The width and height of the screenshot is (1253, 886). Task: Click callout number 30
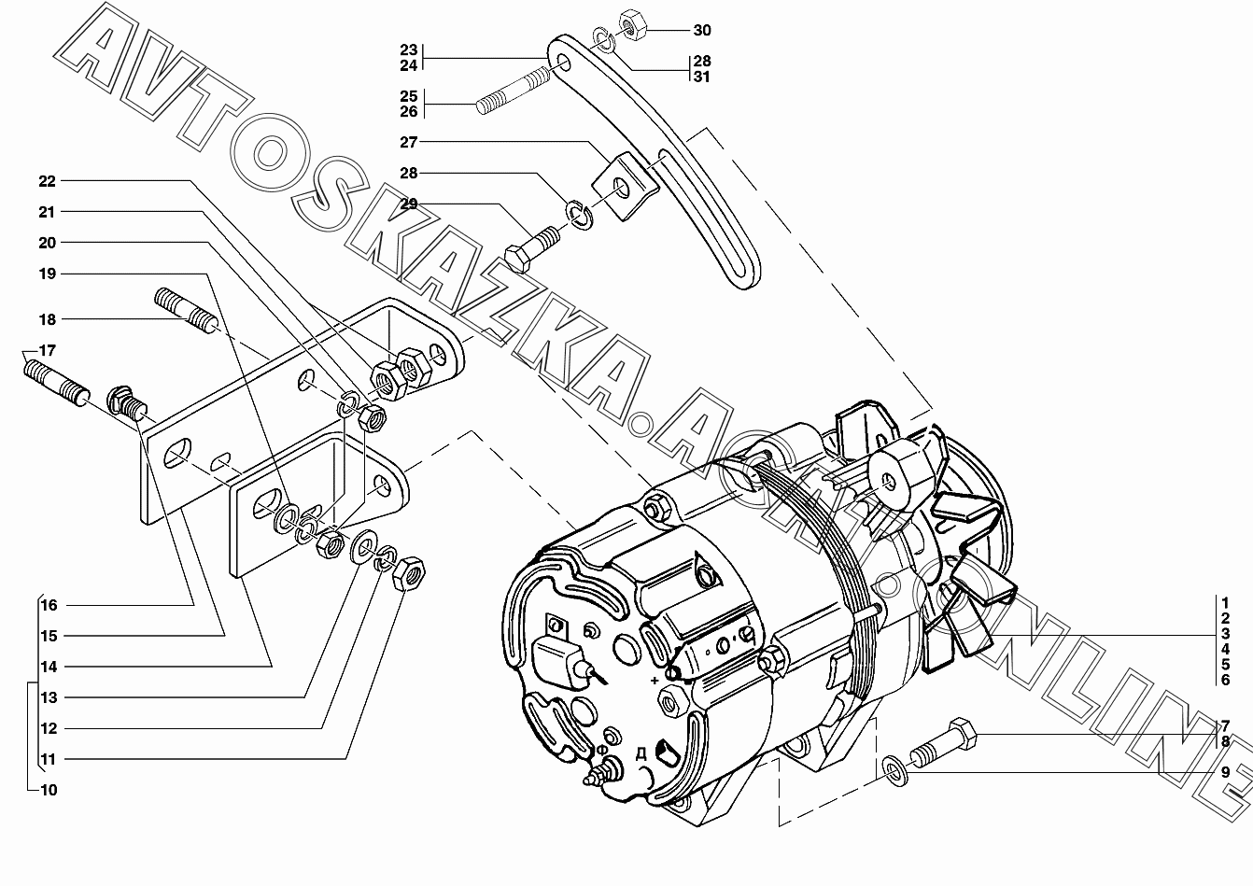point(702,30)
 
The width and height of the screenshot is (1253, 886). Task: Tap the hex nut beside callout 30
point(633,24)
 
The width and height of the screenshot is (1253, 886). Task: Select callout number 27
point(409,142)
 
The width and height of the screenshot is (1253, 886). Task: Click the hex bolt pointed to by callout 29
point(532,248)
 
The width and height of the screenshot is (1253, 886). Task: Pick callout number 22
point(48,181)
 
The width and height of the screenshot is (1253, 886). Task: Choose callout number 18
point(48,319)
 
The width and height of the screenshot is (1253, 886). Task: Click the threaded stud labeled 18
point(187,311)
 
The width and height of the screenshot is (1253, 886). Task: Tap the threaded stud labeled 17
point(56,383)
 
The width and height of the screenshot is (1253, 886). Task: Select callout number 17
point(48,351)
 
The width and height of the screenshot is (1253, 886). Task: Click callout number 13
point(49,697)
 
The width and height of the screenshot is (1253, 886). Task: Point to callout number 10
point(49,791)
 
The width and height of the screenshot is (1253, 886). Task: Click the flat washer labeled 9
point(895,771)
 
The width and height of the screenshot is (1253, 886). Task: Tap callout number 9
point(1225,772)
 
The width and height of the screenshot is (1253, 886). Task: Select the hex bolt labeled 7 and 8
point(943,743)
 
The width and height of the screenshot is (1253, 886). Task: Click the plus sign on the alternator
point(655,681)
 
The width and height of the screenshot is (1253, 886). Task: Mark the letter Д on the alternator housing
point(641,754)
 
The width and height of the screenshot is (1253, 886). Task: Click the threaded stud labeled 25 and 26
point(513,90)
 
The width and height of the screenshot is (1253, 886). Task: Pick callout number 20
point(48,243)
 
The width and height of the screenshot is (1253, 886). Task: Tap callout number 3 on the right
point(1225,634)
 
